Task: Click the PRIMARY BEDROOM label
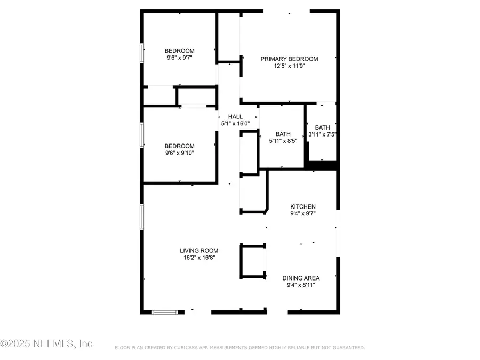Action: (x=289, y=59)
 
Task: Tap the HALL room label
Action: (x=235, y=117)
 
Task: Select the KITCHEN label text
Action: (x=303, y=206)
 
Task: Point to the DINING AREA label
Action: (x=301, y=278)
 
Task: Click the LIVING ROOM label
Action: (x=199, y=251)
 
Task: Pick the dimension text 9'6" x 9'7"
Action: (x=179, y=58)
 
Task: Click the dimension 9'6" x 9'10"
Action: (x=179, y=153)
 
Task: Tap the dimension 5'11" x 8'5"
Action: (x=283, y=141)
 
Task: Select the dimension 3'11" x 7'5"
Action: (x=322, y=134)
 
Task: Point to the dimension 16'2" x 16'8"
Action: (x=199, y=258)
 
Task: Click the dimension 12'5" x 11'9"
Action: (x=289, y=66)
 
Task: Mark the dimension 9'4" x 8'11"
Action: (x=301, y=285)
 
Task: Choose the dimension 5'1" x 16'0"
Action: (x=235, y=124)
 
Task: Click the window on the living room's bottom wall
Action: (x=165, y=312)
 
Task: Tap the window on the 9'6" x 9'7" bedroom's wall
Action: (x=142, y=53)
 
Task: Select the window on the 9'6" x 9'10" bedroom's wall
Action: (x=142, y=135)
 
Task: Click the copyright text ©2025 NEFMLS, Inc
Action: (x=46, y=343)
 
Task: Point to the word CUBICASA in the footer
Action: (x=187, y=348)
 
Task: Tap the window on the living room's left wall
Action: (x=142, y=217)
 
